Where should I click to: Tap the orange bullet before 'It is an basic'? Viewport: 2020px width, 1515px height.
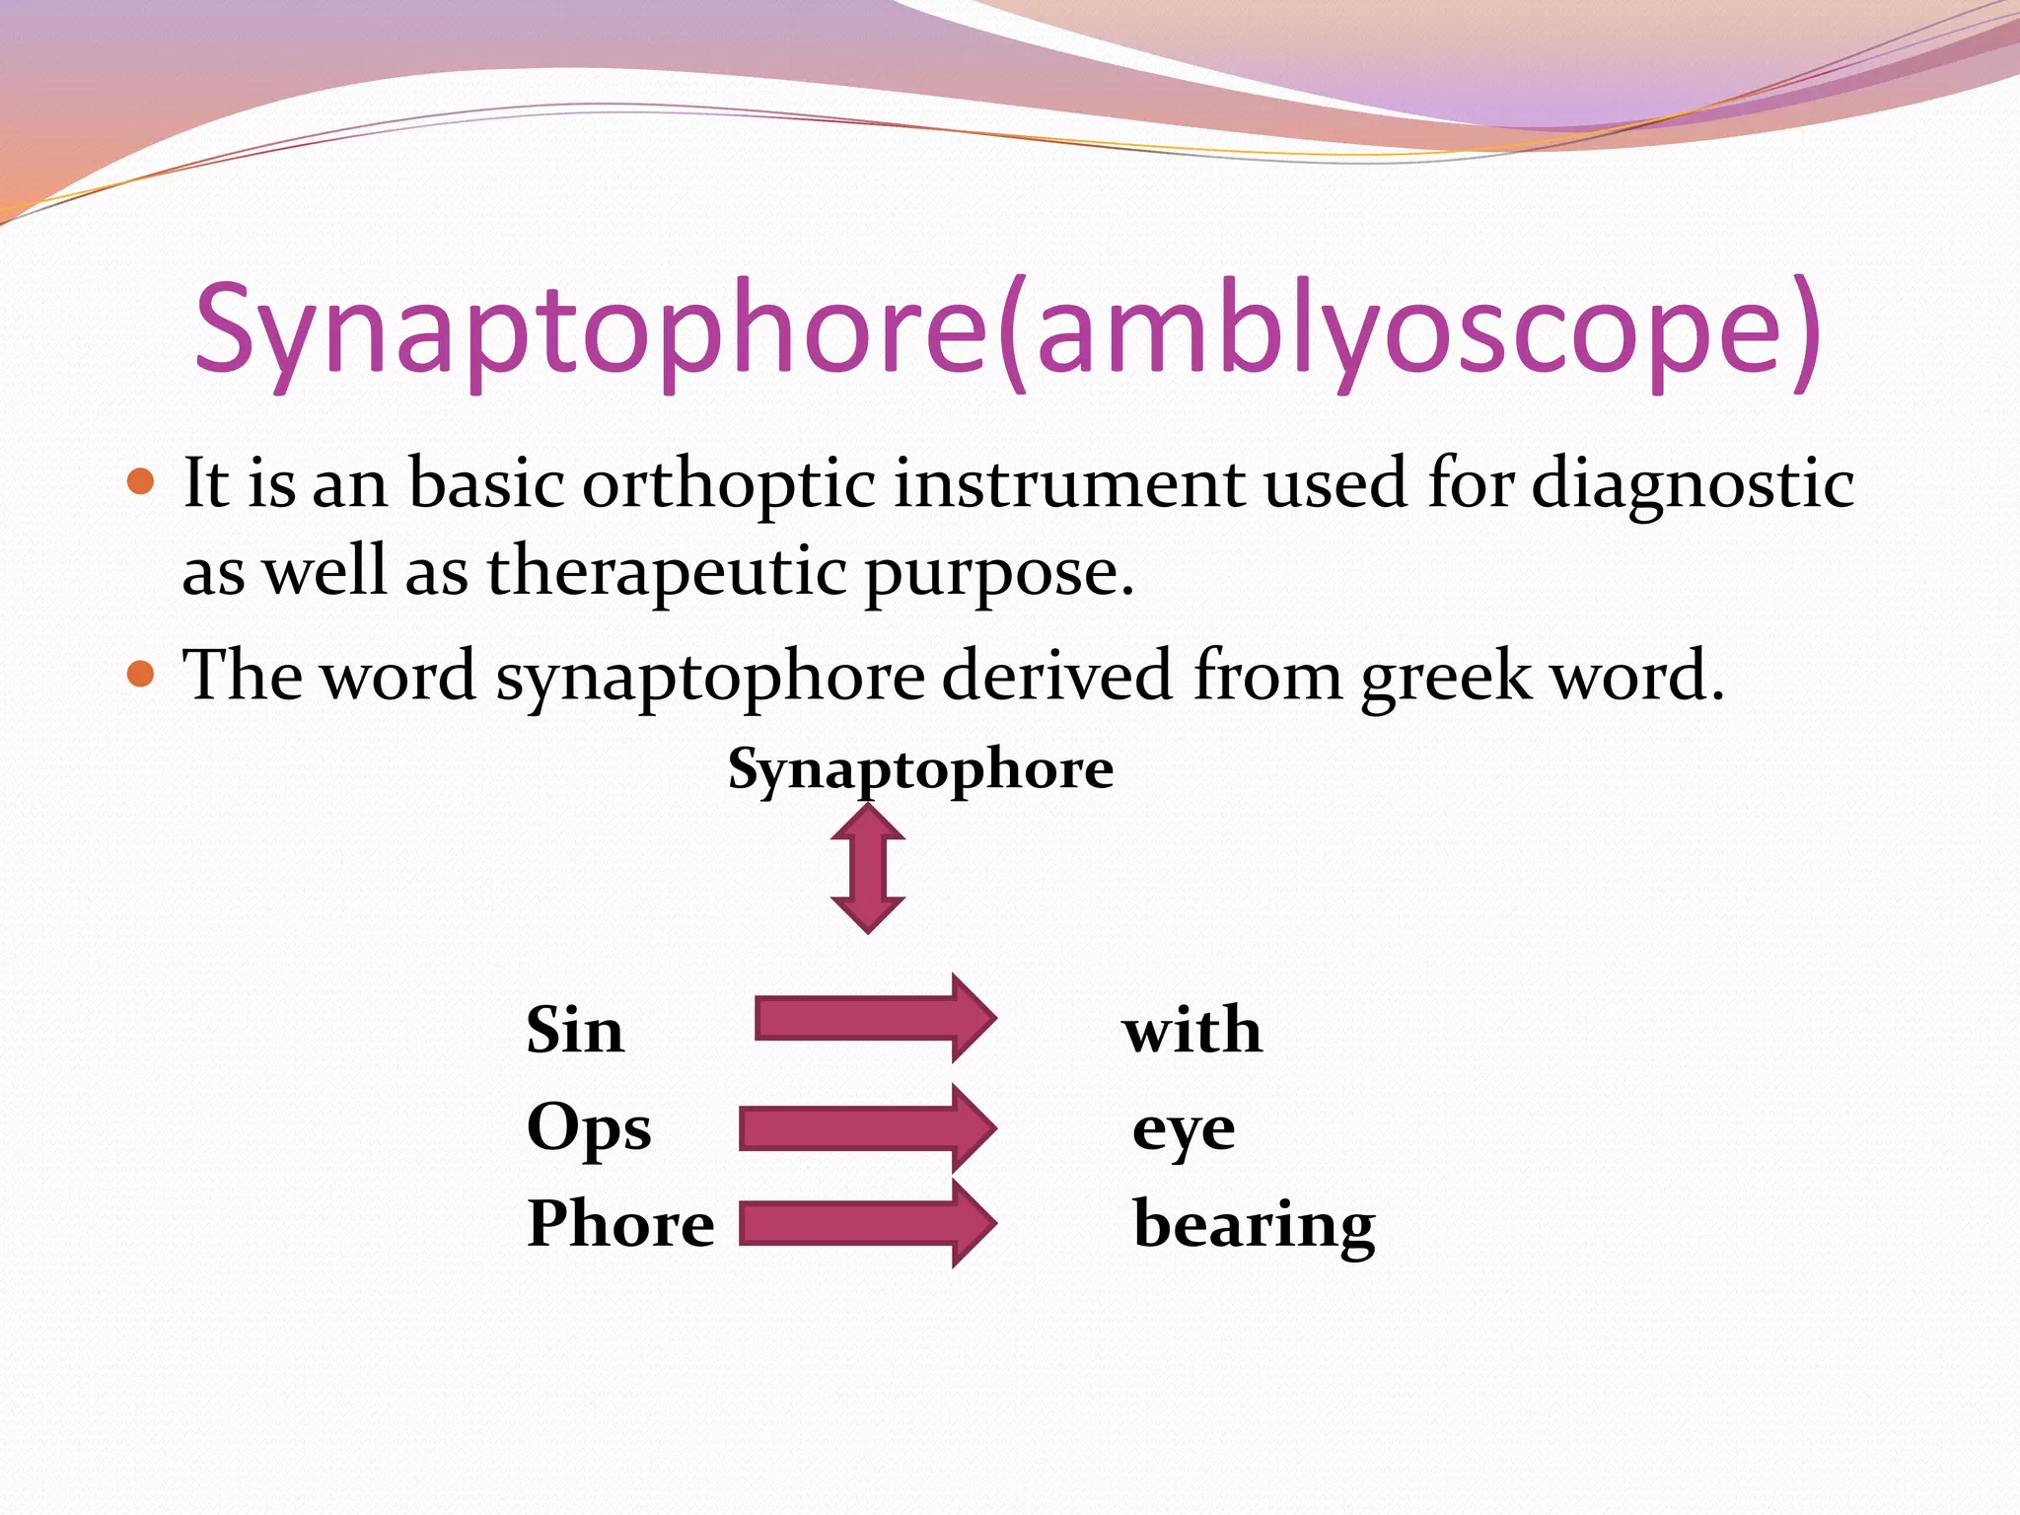click(x=142, y=481)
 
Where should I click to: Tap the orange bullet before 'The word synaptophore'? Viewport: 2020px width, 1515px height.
click(x=142, y=674)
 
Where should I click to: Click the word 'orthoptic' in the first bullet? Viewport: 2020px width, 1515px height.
click(x=728, y=485)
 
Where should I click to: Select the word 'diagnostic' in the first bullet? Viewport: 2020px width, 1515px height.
click(x=1693, y=485)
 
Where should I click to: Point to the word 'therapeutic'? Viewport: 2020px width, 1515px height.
click(x=667, y=572)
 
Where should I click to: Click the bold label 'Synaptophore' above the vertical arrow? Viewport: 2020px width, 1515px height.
click(x=920, y=769)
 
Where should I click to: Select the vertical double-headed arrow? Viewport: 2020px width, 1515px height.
click(x=868, y=868)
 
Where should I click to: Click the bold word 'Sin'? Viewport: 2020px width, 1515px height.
click(x=575, y=1030)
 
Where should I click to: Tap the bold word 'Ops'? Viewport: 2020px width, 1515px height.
click(x=589, y=1128)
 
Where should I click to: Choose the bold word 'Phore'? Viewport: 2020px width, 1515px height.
click(x=620, y=1223)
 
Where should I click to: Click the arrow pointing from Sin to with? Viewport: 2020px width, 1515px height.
click(x=874, y=1019)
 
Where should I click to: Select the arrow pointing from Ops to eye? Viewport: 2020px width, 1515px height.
click(x=866, y=1128)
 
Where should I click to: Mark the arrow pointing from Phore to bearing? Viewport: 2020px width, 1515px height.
click(x=866, y=1223)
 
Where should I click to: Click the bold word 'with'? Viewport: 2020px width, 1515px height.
click(x=1191, y=1030)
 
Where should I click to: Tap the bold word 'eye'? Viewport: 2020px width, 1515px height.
click(x=1184, y=1130)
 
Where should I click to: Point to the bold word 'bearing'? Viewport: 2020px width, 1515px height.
click(x=1254, y=1225)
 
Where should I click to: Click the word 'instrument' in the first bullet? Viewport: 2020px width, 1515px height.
click(x=1069, y=485)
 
